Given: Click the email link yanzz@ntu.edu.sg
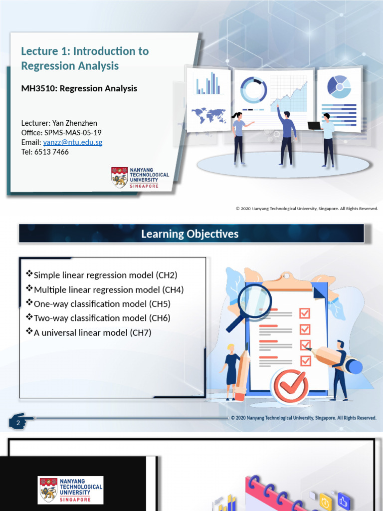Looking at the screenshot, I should point(73,142).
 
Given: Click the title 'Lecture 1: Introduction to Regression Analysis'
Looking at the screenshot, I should point(85,58).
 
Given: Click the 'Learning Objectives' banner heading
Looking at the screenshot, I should point(190,234).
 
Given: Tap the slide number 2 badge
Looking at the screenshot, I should point(18,423).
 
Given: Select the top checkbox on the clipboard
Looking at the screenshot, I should point(305,313).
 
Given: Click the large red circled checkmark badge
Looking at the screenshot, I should point(292,385).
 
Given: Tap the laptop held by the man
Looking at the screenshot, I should point(315,126).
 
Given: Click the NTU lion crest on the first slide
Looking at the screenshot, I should point(120,178).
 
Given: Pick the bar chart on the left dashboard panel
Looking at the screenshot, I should point(208,83).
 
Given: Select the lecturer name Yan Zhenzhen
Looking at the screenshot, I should point(78,123).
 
